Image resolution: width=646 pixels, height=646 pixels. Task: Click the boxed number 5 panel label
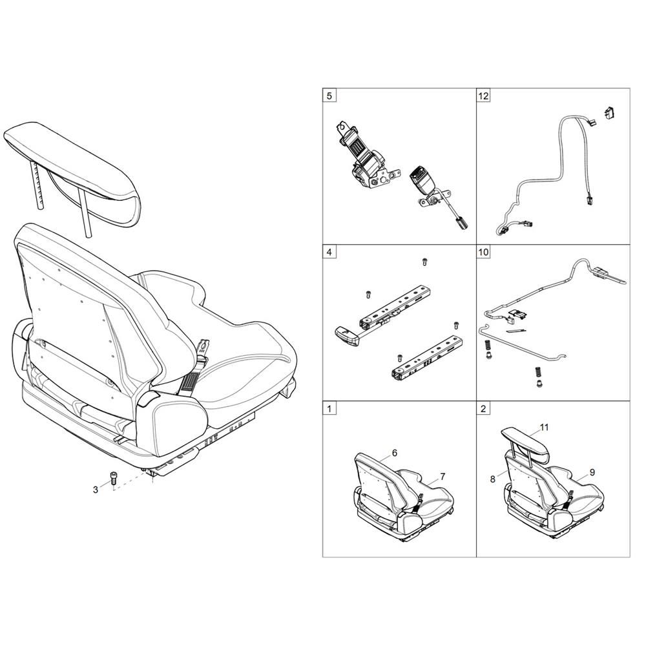point(329,96)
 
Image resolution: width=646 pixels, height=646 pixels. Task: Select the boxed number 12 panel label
point(483,96)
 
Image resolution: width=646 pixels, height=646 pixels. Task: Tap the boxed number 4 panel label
point(329,251)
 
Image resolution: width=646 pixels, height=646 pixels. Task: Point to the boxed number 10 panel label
point(483,251)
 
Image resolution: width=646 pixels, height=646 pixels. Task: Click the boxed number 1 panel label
point(329,408)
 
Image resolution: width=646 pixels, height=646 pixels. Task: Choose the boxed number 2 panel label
point(483,408)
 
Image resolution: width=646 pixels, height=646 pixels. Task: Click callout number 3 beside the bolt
point(96,490)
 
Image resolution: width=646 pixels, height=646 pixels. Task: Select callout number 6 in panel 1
point(394,453)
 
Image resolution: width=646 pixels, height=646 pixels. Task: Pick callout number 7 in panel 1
point(443,477)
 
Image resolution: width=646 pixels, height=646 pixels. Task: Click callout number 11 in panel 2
point(544,428)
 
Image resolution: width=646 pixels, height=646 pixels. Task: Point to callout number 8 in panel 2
point(493,479)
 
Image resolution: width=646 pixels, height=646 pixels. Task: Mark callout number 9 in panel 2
point(592,472)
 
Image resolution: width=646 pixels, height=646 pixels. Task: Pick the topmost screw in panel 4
point(425,262)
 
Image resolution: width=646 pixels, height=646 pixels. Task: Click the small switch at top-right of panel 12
point(610,112)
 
